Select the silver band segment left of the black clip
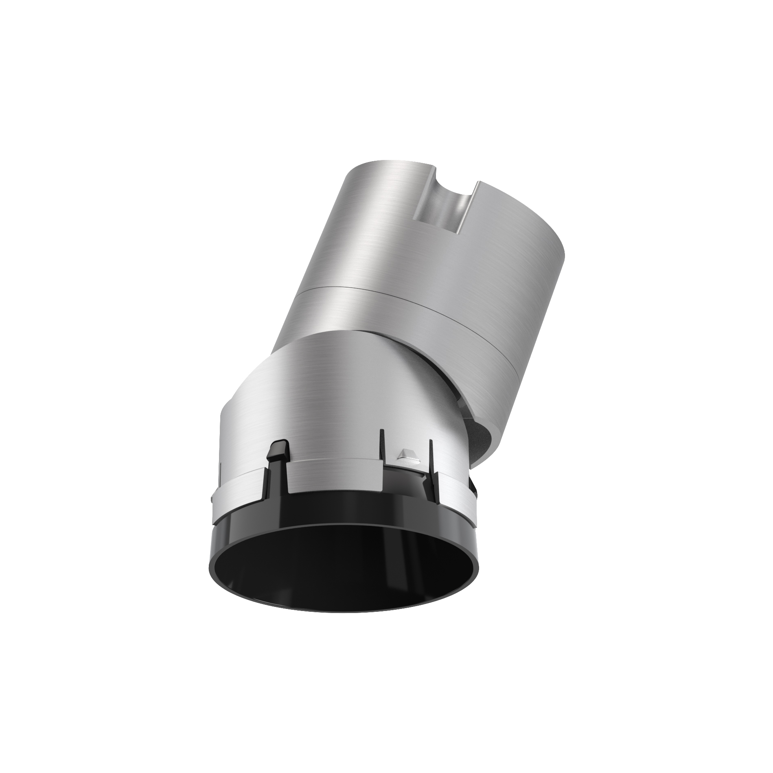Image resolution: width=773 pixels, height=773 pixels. click(x=240, y=488)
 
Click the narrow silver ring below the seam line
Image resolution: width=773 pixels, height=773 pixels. click(x=407, y=334)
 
